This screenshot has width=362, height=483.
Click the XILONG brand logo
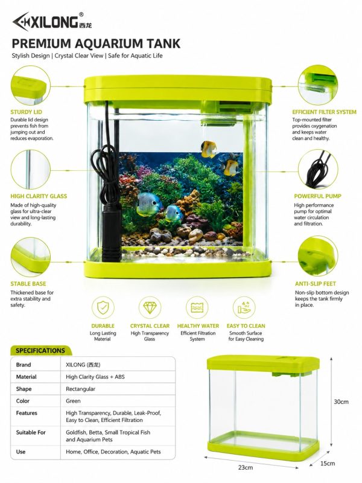point(52,22)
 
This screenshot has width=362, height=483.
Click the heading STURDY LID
point(26,112)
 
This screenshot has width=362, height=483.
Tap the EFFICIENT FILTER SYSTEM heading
point(324,112)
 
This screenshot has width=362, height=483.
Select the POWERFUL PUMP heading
point(318,196)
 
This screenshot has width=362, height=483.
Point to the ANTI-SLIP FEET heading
point(316,284)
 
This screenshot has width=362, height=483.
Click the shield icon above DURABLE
point(103,307)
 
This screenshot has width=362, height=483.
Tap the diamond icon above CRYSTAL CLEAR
point(150,307)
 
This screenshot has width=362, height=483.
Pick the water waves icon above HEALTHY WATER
point(197,307)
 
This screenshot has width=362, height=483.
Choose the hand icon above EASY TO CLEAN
point(244,307)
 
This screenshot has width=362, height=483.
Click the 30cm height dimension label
point(341,401)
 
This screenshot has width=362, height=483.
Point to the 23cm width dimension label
point(246,467)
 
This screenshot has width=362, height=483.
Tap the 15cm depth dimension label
point(328,463)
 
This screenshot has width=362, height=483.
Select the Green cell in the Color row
point(73,401)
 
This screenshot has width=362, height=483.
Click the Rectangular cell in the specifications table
point(81,389)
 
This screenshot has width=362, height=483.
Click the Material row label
point(26,377)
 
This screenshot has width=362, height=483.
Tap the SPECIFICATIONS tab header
point(40,351)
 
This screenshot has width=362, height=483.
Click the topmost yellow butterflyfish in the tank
point(208,149)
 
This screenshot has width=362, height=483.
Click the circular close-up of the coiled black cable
point(318,169)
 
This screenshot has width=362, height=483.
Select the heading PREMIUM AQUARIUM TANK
point(96,43)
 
